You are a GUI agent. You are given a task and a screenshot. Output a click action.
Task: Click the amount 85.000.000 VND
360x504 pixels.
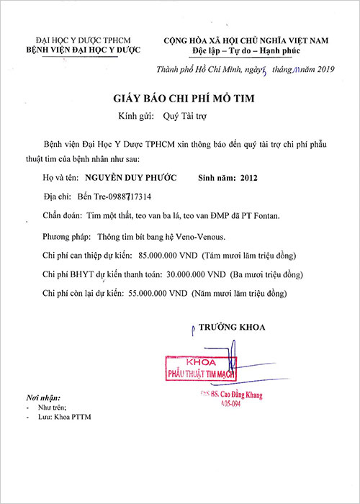[x=171, y=255]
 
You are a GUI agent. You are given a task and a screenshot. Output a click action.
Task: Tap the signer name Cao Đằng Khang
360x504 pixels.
[x=233, y=395]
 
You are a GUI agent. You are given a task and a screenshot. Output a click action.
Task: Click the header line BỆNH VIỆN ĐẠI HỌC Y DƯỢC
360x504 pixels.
[x=83, y=50]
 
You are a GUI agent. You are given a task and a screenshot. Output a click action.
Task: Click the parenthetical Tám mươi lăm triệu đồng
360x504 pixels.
[x=248, y=255]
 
